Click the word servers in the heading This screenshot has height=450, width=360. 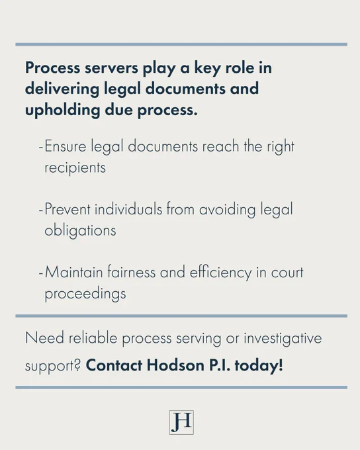(x=111, y=68)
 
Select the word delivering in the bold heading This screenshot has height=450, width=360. (x=62, y=89)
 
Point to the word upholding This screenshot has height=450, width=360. (x=62, y=111)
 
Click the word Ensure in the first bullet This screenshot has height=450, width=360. (x=66, y=146)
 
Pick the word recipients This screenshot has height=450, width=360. (x=75, y=168)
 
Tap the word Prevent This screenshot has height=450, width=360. (x=67, y=209)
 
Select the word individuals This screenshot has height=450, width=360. (x=128, y=208)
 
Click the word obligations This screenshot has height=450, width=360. (x=80, y=230)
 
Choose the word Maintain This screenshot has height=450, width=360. (x=73, y=272)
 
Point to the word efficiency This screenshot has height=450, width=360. (x=220, y=273)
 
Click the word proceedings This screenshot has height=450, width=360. (x=85, y=294)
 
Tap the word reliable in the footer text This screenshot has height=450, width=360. (x=93, y=337)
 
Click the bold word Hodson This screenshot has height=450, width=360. (x=175, y=365)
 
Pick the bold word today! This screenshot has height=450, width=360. (x=259, y=366)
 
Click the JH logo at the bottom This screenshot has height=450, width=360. (x=181, y=422)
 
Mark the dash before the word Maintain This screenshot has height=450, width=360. (x=41, y=273)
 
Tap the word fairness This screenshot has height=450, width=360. (x=132, y=272)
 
